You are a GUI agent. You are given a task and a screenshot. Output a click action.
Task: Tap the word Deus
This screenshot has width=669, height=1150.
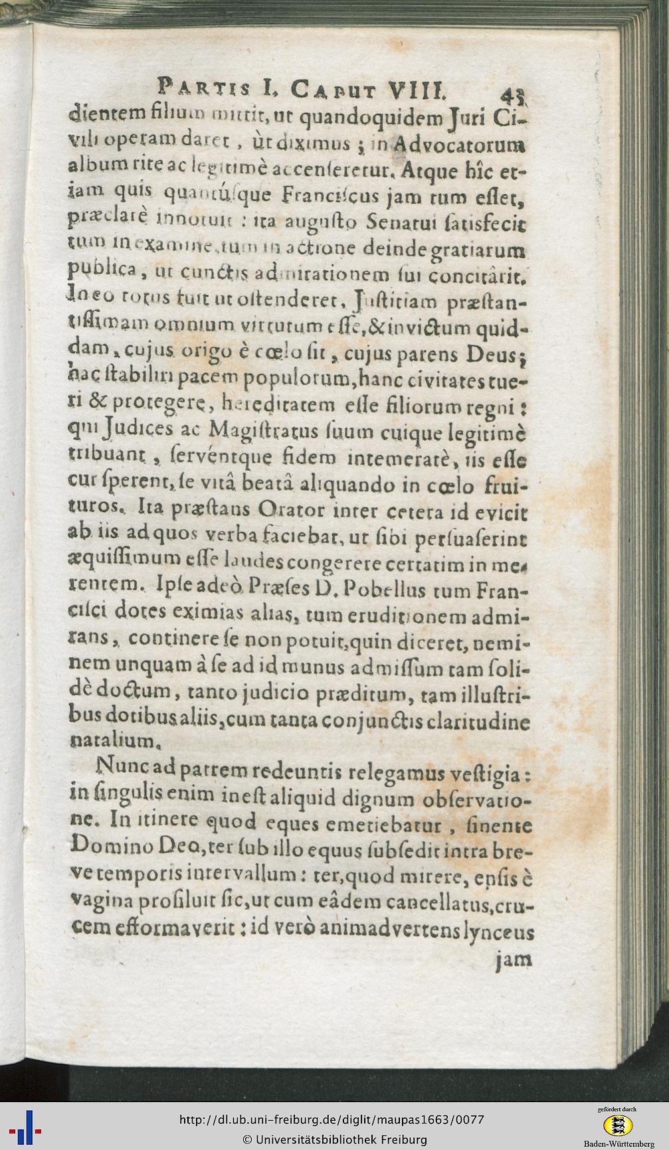pyautogui.click(x=494, y=355)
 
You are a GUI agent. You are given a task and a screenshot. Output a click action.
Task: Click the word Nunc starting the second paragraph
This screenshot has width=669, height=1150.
pyautogui.click(x=120, y=770)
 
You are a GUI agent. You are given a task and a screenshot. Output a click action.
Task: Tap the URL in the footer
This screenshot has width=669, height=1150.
pyautogui.click(x=332, y=1119)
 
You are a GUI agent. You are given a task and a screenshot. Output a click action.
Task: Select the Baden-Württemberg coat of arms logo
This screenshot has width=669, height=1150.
pyautogui.click(x=617, y=1124)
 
